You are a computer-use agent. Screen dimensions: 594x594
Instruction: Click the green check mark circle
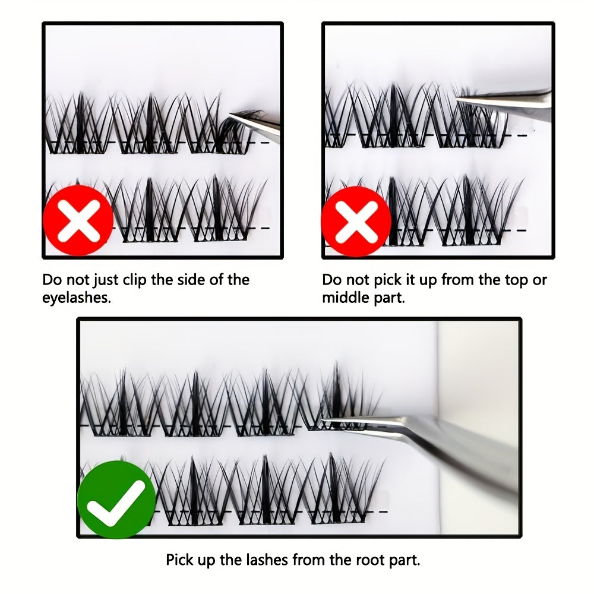[x=116, y=500]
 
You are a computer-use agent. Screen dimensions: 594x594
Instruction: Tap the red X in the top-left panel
[x=78, y=221]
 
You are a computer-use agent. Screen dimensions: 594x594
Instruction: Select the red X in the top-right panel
[x=356, y=222]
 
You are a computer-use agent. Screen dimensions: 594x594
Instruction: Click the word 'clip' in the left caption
[x=135, y=280]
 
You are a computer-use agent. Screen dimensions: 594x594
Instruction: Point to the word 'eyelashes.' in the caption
[x=77, y=298]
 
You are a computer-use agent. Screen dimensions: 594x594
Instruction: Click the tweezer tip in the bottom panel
[x=323, y=420]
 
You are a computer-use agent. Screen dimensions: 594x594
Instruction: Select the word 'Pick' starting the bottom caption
[x=179, y=560]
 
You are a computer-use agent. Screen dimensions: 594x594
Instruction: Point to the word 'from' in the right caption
[x=457, y=280]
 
